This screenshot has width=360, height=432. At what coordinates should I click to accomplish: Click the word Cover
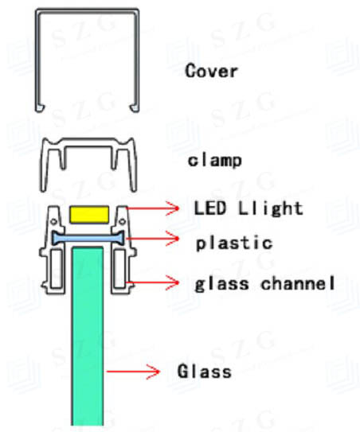pyautogui.click(x=211, y=71)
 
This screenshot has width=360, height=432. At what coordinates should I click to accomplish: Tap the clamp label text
pyautogui.click(x=214, y=161)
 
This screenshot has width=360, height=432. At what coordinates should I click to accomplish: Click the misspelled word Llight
pyautogui.click(x=271, y=208)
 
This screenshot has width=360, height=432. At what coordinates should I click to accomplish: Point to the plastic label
pyautogui.click(x=234, y=243)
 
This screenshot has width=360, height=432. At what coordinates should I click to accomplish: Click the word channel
pyautogui.click(x=298, y=283)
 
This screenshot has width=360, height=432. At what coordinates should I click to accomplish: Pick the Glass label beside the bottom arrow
pyautogui.click(x=204, y=371)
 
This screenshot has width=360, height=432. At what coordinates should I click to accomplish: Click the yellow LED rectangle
pyautogui.click(x=89, y=214)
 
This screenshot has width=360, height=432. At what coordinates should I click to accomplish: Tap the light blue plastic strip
pyautogui.click(x=88, y=238)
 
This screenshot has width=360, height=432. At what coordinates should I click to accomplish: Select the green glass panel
pyautogui.click(x=88, y=336)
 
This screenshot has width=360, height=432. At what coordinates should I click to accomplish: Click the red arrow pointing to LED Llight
pyautogui.click(x=153, y=208)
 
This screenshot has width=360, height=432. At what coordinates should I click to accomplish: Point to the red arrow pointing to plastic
pyautogui.click(x=152, y=239)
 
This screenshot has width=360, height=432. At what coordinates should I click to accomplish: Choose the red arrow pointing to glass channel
pyautogui.click(x=153, y=282)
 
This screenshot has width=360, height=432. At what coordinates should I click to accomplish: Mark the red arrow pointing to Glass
pyautogui.click(x=133, y=372)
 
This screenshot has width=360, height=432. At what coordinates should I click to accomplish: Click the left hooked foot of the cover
pyautogui.click(x=41, y=108)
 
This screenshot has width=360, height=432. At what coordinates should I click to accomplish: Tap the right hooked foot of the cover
pyautogui.click(x=135, y=108)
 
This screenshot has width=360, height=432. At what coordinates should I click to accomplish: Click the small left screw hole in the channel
pyautogui.click(x=54, y=221)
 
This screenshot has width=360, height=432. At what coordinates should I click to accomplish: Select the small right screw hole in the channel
pyautogui.click(x=122, y=221)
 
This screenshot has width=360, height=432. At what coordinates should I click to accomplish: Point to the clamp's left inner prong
pyautogui.click(x=63, y=158)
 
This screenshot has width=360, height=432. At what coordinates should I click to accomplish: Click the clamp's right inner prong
pyautogui.click(x=114, y=158)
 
